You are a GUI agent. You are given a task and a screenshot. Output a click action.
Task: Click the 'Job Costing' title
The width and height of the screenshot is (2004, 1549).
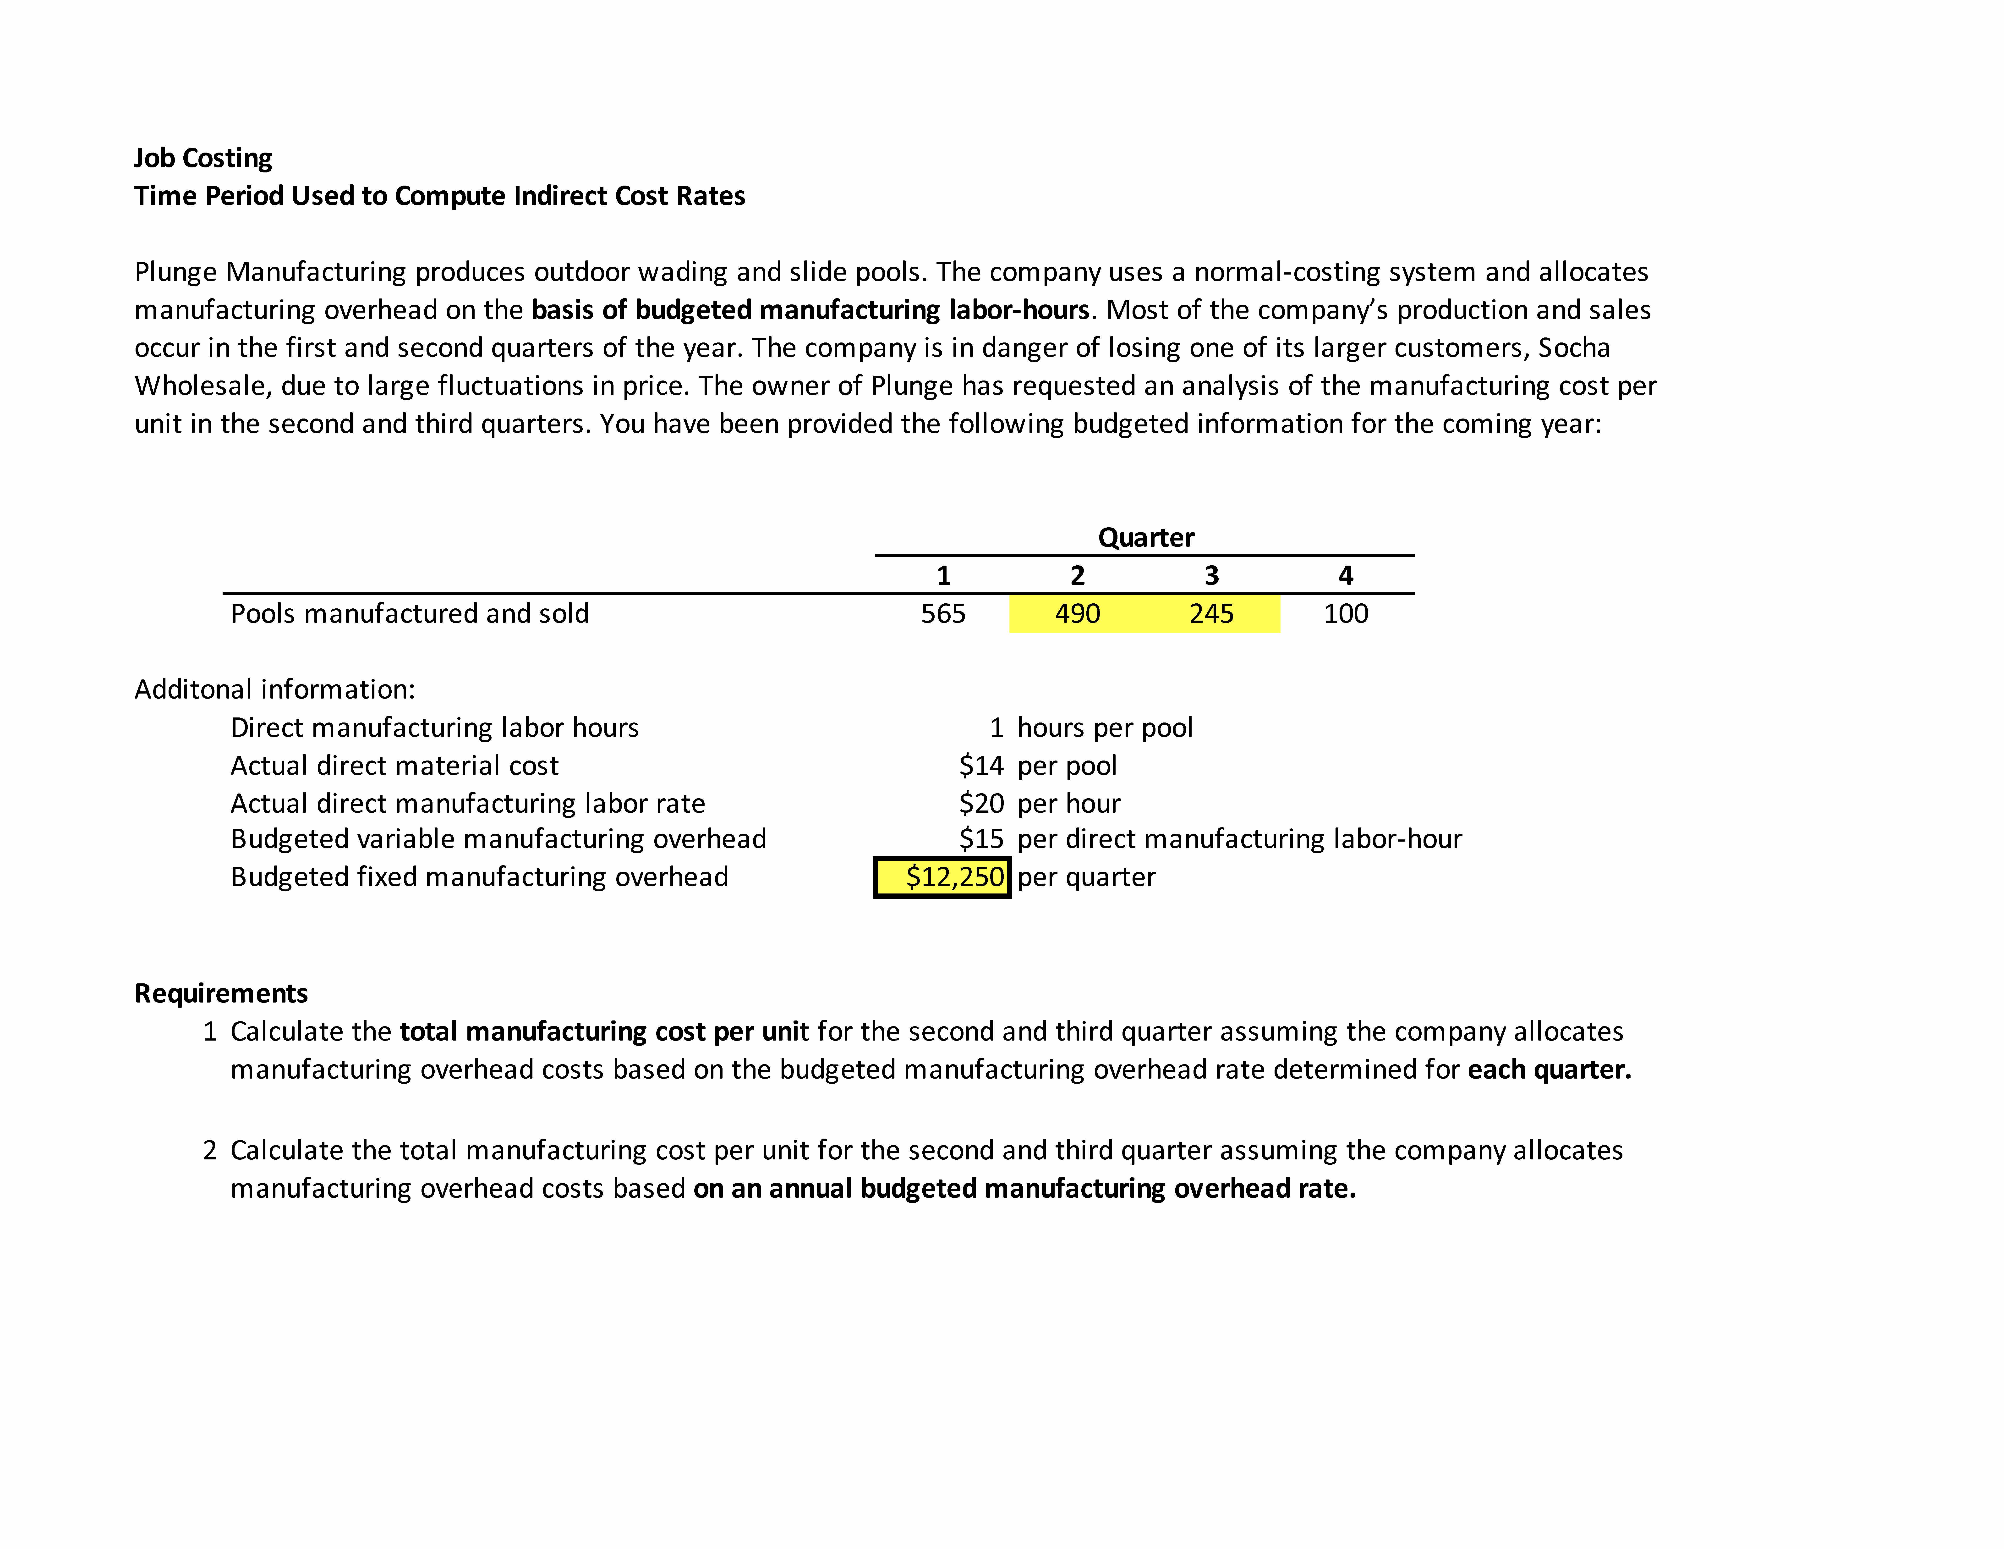[x=203, y=158]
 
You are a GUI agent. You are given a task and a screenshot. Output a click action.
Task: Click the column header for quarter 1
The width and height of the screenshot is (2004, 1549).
[x=943, y=575]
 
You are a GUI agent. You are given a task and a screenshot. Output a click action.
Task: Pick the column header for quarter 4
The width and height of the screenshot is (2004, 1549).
[x=1345, y=575]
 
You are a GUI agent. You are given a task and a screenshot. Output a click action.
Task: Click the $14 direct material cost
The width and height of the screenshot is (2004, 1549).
[x=981, y=765]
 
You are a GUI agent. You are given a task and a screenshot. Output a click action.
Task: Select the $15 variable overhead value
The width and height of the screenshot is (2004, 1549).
[x=981, y=839]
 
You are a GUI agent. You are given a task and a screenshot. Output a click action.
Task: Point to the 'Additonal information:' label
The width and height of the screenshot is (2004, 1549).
[x=274, y=689]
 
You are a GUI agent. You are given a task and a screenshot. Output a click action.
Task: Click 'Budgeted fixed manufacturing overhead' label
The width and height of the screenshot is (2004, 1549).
[x=479, y=877]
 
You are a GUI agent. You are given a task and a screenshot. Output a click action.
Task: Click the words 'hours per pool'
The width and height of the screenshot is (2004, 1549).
[x=1105, y=728]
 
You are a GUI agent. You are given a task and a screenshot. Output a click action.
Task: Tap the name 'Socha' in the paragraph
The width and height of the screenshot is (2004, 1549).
[x=1574, y=348]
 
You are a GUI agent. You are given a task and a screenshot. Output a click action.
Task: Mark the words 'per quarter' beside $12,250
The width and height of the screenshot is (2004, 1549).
[x=1086, y=877]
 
